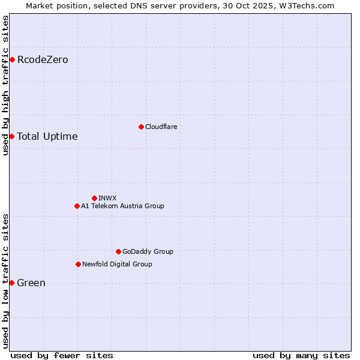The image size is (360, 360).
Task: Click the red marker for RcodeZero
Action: pyautogui.click(x=12, y=59)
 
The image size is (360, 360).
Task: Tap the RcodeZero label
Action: pyautogui.click(x=43, y=59)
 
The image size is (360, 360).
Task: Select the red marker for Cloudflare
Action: pyautogui.click(x=141, y=127)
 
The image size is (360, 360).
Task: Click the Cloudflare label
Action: pyautogui.click(x=161, y=127)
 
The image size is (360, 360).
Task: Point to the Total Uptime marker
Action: pyautogui.click(x=11, y=136)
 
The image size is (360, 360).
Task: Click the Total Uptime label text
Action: pyautogui.click(x=47, y=136)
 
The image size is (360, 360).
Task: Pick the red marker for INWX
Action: pyautogui.click(x=94, y=198)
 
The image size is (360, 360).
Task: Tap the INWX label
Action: pyautogui.click(x=107, y=198)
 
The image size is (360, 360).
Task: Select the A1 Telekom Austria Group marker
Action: pyautogui.click(x=77, y=206)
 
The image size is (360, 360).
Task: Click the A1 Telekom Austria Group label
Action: pyautogui.click(x=122, y=206)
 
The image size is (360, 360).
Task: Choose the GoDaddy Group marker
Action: pyautogui.click(x=118, y=251)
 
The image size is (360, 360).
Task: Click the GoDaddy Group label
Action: pyautogui.click(x=148, y=251)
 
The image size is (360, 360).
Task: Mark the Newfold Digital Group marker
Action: pyautogui.click(x=78, y=264)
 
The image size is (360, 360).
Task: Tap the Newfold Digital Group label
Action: pyautogui.click(x=117, y=264)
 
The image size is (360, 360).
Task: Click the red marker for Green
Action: pyautogui.click(x=11, y=283)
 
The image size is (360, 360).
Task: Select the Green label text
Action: pyautogui.click(x=31, y=283)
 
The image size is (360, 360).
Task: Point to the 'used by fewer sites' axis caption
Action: pyautogui.click(x=62, y=355)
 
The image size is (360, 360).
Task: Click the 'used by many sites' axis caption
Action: pyautogui.click(x=301, y=355)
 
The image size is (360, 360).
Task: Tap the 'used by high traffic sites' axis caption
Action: pyautogui.click(x=5, y=85)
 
